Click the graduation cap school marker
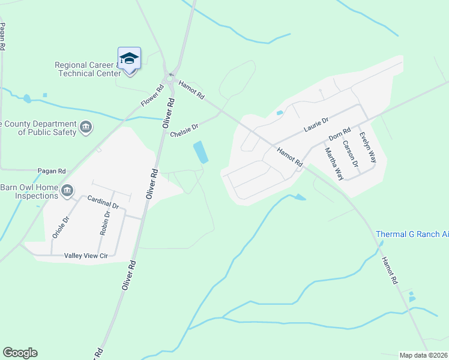coord(129,59)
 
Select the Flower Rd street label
coord(152,96)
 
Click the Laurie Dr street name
coord(316,125)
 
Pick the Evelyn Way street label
coord(367,147)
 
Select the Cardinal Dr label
coord(103,202)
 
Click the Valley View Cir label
coord(86,256)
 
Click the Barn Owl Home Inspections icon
coord(67,191)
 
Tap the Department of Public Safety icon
coord(86,127)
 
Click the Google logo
coord(20,353)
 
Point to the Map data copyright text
coord(423,355)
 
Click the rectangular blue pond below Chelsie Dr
coord(201,152)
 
